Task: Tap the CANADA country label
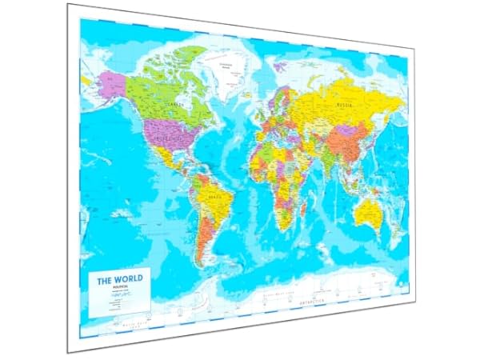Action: pos(170,104)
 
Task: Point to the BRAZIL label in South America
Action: pos(212,196)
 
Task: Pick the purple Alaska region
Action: pos(110,82)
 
